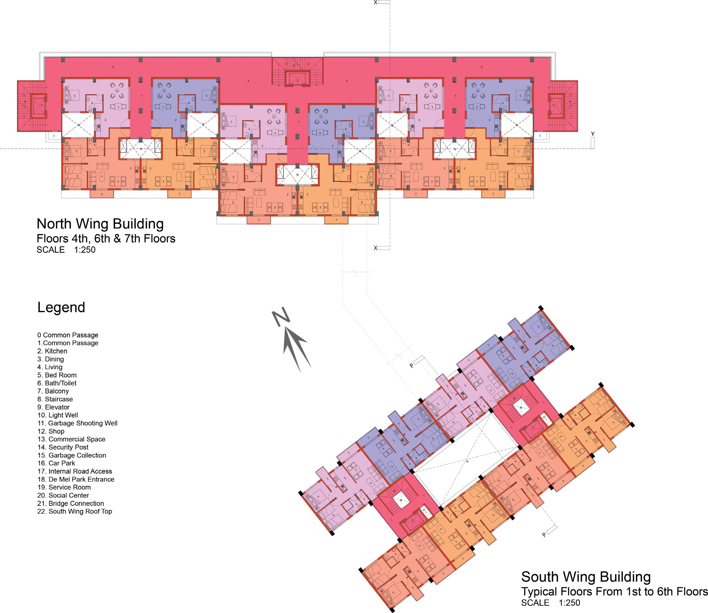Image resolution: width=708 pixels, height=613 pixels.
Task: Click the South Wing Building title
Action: pos(585,577)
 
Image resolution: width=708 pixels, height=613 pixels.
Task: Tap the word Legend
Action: pos(61,307)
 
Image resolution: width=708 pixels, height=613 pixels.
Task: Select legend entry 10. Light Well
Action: pos(58,415)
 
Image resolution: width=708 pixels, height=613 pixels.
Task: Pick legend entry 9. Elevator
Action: pos(53,407)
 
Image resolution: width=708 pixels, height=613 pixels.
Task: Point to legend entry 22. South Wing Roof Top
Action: pos(74,511)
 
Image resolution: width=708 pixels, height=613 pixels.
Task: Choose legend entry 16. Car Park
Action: pos(56,463)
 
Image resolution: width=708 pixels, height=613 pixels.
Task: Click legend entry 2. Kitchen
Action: pos(52,351)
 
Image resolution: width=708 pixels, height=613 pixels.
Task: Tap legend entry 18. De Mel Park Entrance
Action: pos(76,479)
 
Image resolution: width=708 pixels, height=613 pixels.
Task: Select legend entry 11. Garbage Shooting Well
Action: pos(77,423)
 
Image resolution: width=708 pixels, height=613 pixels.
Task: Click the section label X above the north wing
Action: pos(376,2)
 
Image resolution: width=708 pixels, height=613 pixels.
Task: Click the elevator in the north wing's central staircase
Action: pos(297,78)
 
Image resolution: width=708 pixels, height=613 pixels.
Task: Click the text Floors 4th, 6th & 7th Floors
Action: pos(106,238)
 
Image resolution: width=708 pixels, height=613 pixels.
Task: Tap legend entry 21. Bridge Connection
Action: pos(70,503)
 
